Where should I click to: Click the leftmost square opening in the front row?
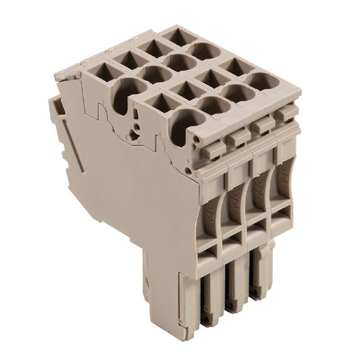click(157, 102)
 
